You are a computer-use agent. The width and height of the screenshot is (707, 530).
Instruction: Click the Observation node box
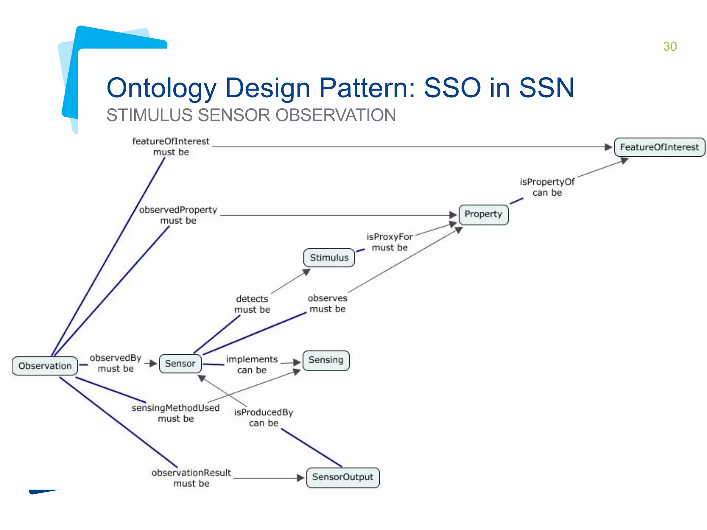45,366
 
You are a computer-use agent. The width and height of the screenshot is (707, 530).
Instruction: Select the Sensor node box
180,363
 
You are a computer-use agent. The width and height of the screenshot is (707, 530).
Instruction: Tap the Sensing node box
326,360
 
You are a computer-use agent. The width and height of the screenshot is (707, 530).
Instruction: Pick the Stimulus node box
329,257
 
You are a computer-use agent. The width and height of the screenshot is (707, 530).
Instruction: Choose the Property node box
483,214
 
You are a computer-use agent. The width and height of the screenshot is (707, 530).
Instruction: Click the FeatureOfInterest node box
659,147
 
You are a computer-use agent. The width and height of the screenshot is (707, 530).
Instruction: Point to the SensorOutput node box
343,477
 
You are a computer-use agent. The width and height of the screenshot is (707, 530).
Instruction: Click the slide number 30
670,47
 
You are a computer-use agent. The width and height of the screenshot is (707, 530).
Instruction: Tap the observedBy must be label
116,363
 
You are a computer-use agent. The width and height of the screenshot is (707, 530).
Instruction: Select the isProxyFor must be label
390,242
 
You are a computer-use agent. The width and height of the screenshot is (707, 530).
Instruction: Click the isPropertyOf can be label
547,187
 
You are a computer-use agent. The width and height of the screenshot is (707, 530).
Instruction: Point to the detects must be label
252,304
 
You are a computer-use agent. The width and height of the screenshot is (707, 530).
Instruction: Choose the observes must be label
327,303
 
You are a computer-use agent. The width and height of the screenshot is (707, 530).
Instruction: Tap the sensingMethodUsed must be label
176,413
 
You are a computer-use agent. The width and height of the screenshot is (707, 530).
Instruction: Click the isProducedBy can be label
263,418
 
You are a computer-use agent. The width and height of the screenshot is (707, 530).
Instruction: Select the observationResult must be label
191,478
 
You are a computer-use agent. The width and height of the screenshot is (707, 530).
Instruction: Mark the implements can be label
252,364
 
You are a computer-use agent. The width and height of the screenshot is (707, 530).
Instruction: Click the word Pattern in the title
367,88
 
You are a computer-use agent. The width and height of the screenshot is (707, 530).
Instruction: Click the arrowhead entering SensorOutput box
301,478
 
